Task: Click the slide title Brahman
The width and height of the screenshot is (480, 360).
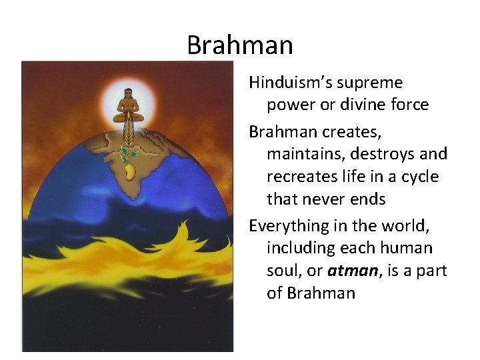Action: [x=239, y=45]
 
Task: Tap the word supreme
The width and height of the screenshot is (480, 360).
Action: [x=370, y=83]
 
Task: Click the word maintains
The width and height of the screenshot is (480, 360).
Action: [x=301, y=154]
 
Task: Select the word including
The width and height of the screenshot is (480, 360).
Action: [x=299, y=249]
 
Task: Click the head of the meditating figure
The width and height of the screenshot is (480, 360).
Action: [x=127, y=95]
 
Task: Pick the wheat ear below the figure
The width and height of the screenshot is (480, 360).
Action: [x=127, y=137]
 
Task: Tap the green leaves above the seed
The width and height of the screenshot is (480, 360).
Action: [x=126, y=155]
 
